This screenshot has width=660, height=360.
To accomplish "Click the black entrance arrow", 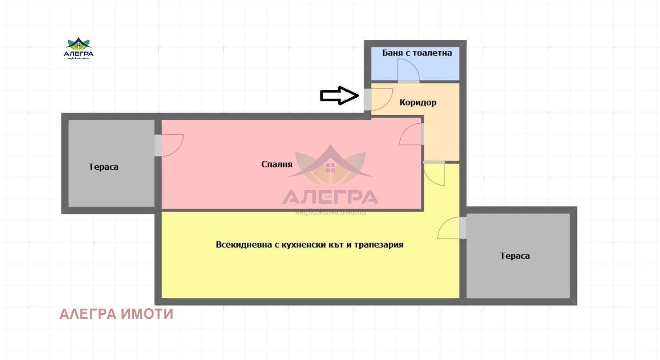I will click(x=339, y=95).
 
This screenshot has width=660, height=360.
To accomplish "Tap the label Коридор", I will click(x=418, y=102).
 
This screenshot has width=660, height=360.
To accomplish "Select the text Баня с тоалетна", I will click(x=417, y=53).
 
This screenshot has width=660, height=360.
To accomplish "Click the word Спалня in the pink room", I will click(x=276, y=164).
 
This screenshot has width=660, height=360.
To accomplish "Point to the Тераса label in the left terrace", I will click(x=104, y=166).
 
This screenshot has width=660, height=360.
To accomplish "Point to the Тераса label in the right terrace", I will click(x=515, y=255).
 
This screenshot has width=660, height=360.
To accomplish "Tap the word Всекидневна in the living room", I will click(x=243, y=244).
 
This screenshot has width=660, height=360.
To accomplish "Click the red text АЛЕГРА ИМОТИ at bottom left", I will click(x=116, y=314).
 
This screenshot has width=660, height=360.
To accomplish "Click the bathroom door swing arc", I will click(x=408, y=71).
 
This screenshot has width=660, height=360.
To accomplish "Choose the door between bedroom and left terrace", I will click(x=170, y=145).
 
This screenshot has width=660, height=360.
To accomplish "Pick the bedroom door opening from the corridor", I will click(x=411, y=135).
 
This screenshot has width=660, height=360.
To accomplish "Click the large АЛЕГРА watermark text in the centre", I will click(x=330, y=197).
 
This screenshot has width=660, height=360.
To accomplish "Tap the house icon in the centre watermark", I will click(x=330, y=166).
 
